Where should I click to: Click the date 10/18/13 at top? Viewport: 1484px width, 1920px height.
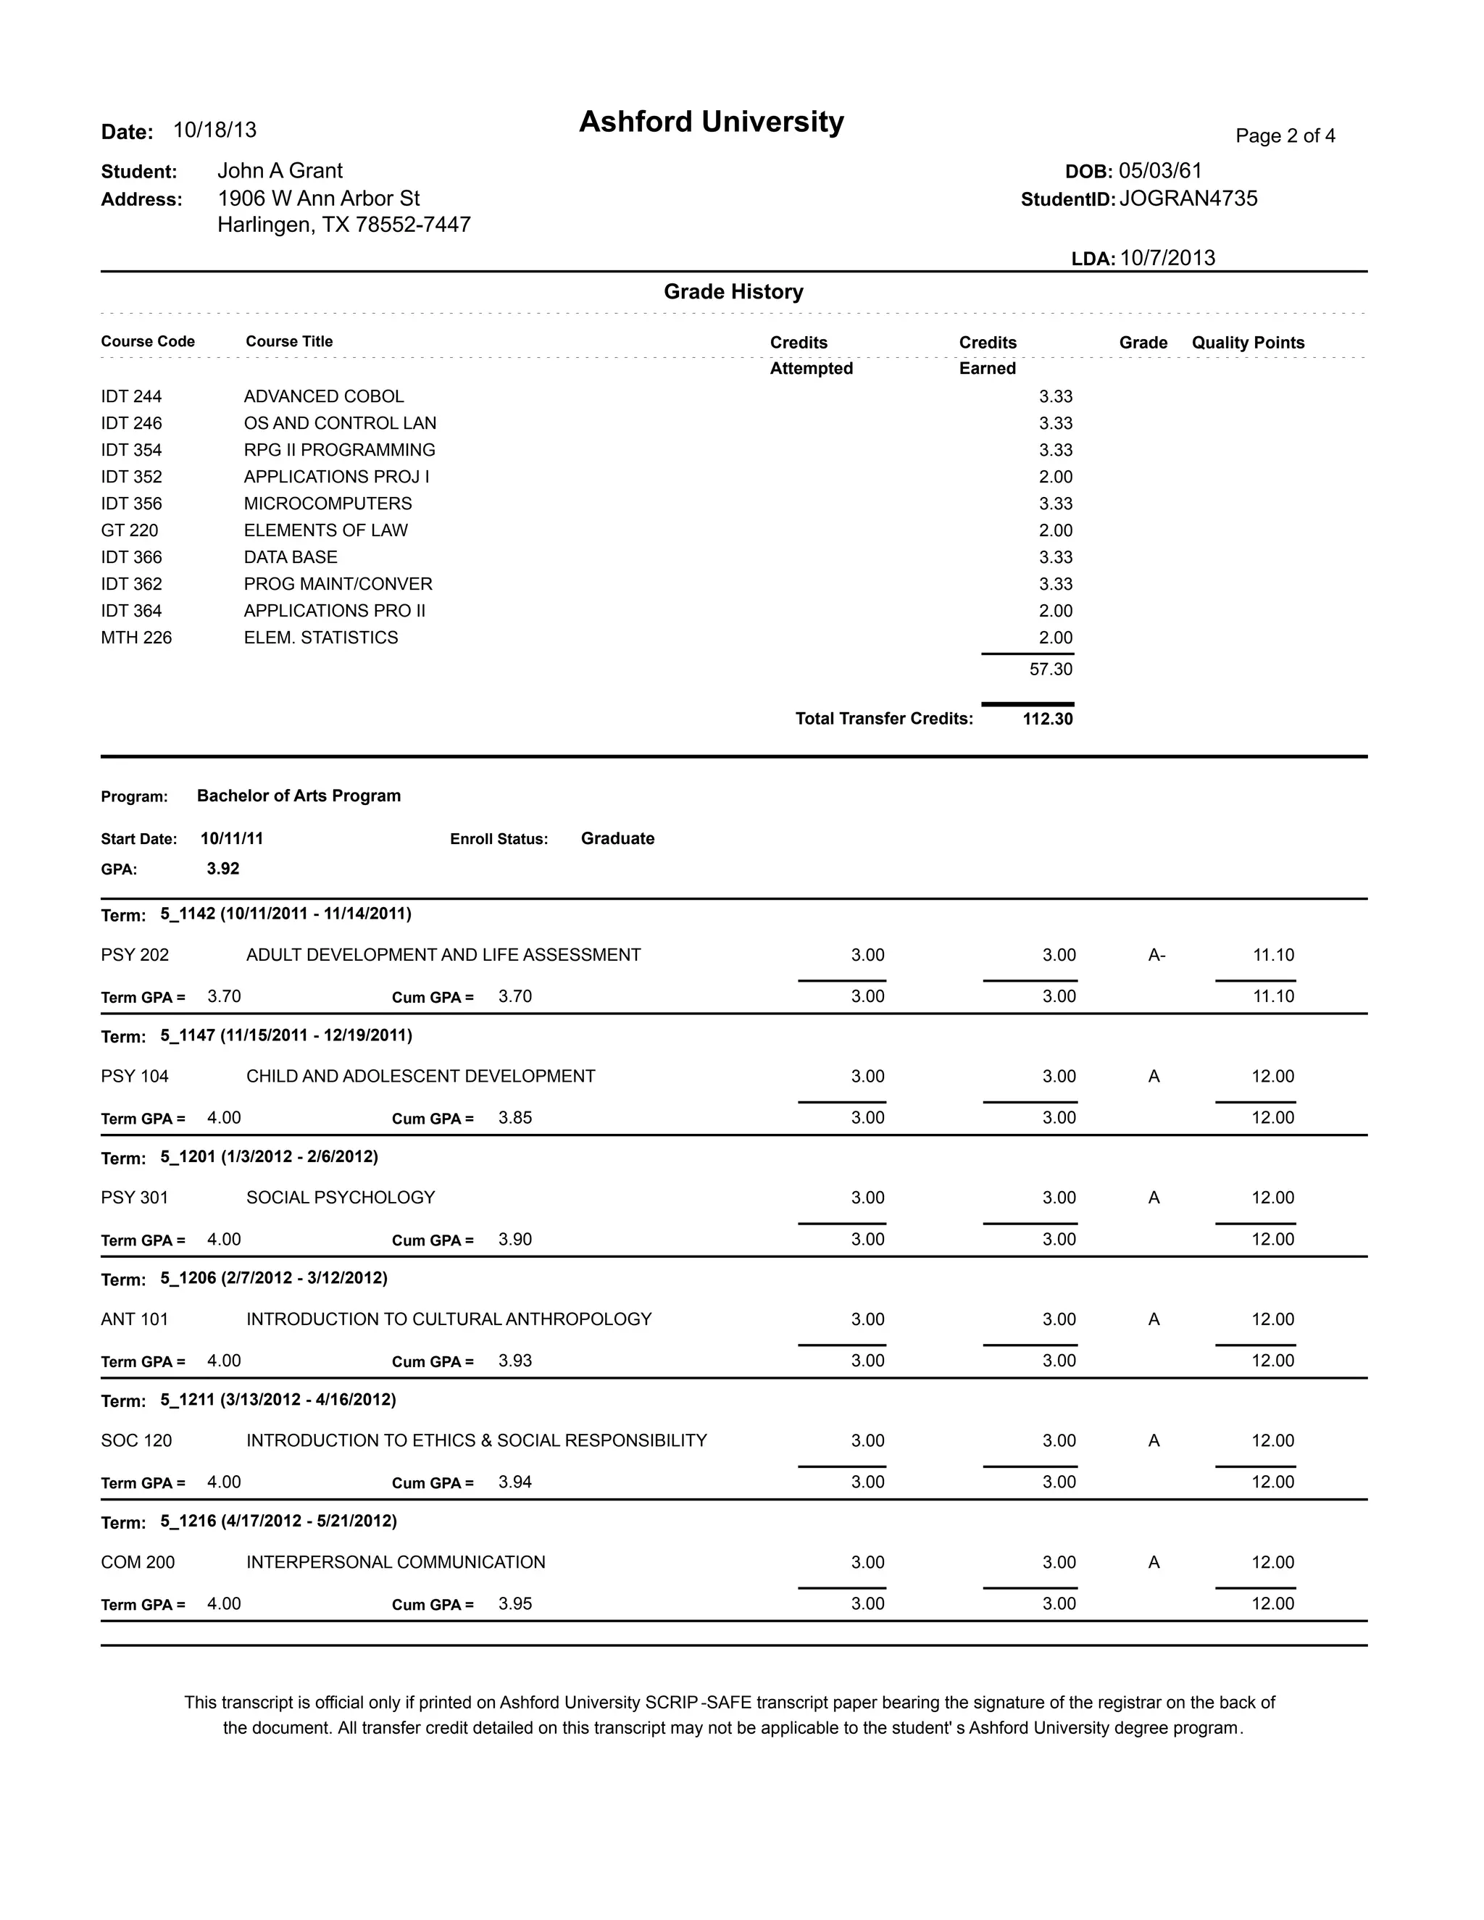tap(214, 130)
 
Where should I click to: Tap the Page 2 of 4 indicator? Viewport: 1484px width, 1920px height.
tap(1285, 135)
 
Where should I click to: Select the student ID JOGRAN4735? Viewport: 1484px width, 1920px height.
tap(1188, 199)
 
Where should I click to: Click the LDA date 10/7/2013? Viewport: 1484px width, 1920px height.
tap(1167, 258)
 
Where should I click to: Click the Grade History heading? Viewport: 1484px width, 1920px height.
tap(733, 292)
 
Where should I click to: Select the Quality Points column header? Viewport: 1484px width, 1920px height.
tap(1248, 343)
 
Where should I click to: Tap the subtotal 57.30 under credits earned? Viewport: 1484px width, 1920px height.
tap(1051, 669)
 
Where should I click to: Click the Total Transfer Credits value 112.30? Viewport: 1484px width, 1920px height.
tap(1047, 719)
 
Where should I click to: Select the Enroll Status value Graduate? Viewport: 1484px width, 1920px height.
tap(617, 839)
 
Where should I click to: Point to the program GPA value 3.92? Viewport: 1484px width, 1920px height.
tap(222, 869)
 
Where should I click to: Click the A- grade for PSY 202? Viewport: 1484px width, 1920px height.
tap(1156, 956)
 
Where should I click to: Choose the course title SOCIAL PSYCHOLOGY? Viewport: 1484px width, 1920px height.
tap(341, 1198)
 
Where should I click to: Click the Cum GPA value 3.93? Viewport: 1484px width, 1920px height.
tap(515, 1361)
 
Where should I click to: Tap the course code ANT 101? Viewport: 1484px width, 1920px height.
tap(135, 1319)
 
